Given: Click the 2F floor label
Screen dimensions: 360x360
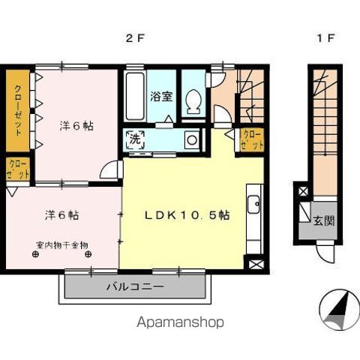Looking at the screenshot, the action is click(135, 38).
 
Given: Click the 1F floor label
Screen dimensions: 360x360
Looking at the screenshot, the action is click(325, 38).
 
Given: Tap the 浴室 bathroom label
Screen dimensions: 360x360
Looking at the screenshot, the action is click(161, 97).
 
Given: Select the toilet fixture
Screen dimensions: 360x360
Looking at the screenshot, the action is click(193, 102).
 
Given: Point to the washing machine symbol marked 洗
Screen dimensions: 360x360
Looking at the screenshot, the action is click(135, 139).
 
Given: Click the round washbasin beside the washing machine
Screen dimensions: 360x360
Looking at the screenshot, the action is click(192, 140).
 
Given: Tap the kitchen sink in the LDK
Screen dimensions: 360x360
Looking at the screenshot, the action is click(253, 204).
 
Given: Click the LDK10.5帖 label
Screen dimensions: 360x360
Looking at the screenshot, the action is click(187, 215).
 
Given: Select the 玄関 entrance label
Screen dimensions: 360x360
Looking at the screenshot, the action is click(324, 221).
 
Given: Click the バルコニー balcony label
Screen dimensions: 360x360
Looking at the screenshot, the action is click(135, 286).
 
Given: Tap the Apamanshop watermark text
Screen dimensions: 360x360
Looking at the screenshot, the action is click(180, 322).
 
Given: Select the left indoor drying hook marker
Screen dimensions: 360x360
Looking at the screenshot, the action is click(35, 254).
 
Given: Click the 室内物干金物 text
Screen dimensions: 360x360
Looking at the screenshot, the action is click(62, 245).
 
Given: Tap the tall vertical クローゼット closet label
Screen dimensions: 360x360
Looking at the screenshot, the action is click(18, 111).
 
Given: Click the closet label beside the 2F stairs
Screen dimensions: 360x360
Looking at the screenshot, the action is click(253, 140).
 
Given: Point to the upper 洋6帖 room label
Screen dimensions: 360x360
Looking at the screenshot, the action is click(76, 126).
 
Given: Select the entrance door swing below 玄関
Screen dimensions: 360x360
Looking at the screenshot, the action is click(325, 253).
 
